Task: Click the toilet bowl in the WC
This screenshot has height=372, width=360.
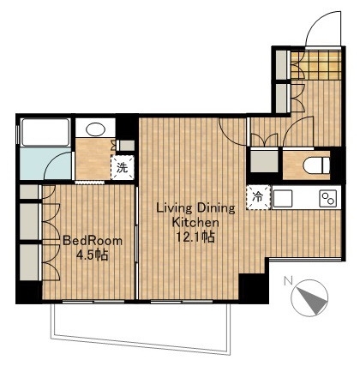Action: coord(316,165)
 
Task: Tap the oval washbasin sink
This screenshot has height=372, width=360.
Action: coord(95,129)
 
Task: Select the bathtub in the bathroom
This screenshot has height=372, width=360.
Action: coord(45,132)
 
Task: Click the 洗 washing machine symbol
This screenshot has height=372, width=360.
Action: coord(123,168)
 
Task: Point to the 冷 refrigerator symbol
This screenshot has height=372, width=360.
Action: coord(258,197)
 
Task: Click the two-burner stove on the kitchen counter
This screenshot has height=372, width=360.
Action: coord(328,198)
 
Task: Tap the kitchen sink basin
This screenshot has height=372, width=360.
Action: coord(283,198)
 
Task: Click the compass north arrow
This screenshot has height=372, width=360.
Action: coord(313,301)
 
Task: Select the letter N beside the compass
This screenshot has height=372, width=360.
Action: coord(288,281)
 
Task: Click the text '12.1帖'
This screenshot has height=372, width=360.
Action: coord(195,237)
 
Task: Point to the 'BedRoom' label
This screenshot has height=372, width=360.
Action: coord(93,241)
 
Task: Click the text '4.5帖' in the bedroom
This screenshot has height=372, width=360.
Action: coord(92,255)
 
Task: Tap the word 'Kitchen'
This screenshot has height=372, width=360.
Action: coord(195,222)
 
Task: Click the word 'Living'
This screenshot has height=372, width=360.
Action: coord(174,208)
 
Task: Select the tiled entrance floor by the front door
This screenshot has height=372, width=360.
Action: coord(316,65)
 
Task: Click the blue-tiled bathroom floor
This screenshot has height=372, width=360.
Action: coord(45,164)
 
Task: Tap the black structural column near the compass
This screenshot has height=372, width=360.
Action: coord(254,289)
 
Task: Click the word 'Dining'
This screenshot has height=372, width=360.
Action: coord(216,208)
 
